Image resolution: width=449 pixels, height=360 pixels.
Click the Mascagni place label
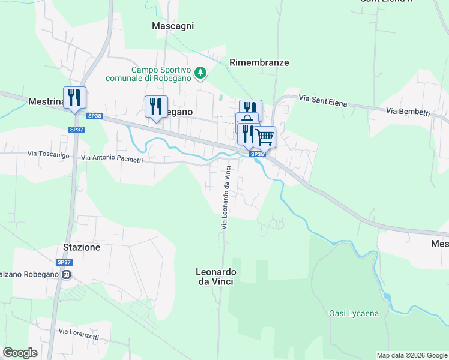pyautogui.click(x=173, y=26)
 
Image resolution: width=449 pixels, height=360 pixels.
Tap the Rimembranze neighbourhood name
pyautogui.click(x=259, y=62)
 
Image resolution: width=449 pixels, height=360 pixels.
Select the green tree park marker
pyautogui.click(x=201, y=74)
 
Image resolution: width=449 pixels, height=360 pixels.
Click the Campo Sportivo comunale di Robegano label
pyautogui.click(x=148, y=74)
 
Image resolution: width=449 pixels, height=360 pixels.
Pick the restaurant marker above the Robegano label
pyautogui.click(x=156, y=107)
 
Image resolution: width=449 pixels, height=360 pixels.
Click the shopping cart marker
pyautogui.click(x=265, y=137)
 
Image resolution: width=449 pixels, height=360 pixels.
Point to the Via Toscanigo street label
pyautogui.click(x=48, y=154)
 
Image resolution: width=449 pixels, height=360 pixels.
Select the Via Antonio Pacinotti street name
pyautogui.click(x=112, y=159)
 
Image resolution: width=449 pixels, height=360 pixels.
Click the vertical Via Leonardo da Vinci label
pyautogui.click(x=226, y=197)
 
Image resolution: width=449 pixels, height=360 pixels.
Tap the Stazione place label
pyautogui.click(x=82, y=247)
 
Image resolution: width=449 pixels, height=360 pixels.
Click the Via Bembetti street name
pyautogui.click(x=408, y=112)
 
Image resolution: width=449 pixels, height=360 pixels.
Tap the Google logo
pyautogui.click(x=20, y=353)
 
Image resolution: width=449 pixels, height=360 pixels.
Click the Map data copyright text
pyautogui.click(x=412, y=355)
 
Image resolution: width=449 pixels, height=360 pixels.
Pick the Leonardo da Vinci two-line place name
pyautogui.click(x=216, y=277)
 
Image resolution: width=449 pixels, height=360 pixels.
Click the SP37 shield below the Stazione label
pyautogui.click(x=64, y=262)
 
